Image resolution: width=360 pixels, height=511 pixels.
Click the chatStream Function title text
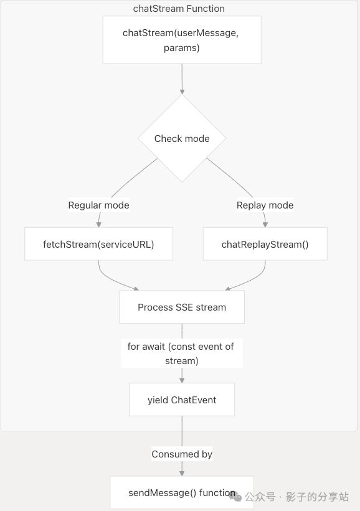coord(179,9)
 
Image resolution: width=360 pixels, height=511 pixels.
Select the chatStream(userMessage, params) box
coord(181,40)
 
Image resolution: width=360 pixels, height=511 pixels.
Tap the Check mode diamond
coord(182,139)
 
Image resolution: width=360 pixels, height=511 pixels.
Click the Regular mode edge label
coord(99,205)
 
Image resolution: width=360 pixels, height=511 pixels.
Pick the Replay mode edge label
coord(265,205)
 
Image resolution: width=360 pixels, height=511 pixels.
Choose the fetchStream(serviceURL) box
coord(98,244)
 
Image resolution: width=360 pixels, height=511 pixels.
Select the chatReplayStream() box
coord(265,244)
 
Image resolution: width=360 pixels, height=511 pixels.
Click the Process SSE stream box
coord(182,307)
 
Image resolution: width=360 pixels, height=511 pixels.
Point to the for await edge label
coord(181,354)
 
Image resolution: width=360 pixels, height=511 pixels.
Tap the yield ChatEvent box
coord(182,400)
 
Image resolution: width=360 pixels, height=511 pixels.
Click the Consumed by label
coord(182,454)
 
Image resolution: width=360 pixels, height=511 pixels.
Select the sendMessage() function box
coord(182,492)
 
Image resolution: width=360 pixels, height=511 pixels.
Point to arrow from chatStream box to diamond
coord(182,78)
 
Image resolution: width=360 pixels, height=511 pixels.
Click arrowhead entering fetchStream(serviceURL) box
coord(99,224)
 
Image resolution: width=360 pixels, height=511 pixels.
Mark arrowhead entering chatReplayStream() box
coord(265,224)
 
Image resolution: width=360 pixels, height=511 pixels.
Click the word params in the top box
coord(182,48)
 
